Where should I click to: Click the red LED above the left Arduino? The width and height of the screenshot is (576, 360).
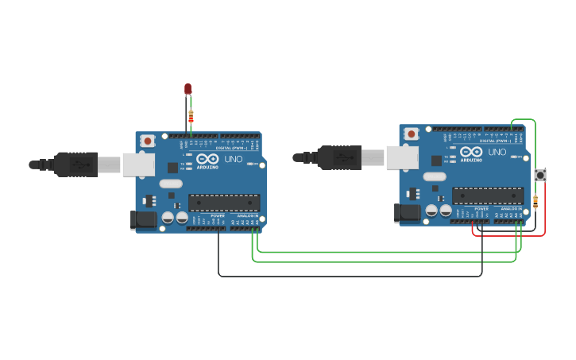point(188,89)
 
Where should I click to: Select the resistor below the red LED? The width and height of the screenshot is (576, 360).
point(191,118)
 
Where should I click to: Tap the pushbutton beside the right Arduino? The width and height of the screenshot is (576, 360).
point(540,175)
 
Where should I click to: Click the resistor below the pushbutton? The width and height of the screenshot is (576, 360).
point(535,202)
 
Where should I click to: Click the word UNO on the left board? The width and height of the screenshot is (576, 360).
point(234,159)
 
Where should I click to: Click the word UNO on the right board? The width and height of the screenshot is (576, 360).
point(497,152)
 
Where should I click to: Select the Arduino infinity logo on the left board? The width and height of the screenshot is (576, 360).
point(208,159)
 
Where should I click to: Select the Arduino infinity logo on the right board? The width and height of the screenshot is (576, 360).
point(471,152)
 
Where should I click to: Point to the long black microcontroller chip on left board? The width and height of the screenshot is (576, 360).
point(224,203)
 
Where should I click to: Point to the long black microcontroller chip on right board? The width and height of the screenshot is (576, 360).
point(488,195)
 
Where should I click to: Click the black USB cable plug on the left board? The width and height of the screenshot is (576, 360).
point(75,165)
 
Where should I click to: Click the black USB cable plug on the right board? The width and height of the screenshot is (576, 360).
point(339,157)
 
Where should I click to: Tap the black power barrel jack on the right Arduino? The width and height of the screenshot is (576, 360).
point(408,212)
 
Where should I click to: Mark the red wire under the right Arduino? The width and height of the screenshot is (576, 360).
point(508,235)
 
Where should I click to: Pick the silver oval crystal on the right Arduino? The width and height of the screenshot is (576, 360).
point(435,176)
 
